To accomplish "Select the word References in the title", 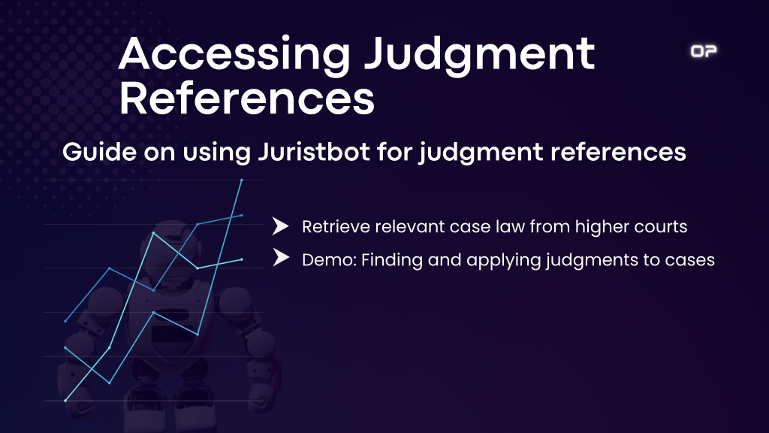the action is [246, 98].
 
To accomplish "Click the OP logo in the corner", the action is [704, 51].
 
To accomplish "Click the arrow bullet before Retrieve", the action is [280, 226].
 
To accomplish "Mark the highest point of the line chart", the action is [242, 180].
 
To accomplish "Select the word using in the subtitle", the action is [217, 152].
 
